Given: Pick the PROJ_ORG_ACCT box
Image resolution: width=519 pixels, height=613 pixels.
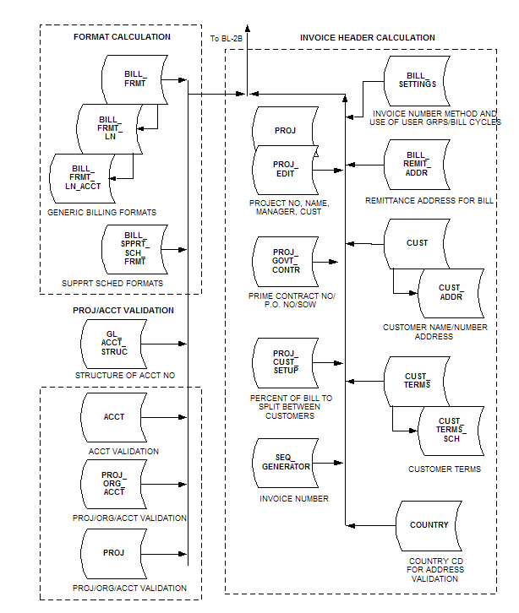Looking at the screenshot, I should pos(114,484).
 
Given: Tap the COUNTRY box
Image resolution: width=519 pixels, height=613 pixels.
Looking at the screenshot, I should pos(429,525).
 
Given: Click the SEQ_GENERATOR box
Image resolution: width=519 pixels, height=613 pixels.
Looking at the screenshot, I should pos(285,461).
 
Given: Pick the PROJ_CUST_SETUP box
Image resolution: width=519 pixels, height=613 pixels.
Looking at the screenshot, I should pos(285,362).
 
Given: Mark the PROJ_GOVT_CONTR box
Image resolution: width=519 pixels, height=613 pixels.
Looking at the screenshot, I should pos(285,262).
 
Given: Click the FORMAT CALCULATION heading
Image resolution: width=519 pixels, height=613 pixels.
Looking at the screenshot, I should pos(122,37).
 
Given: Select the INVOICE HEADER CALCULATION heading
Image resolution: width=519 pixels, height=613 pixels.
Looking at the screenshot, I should pos(368,38).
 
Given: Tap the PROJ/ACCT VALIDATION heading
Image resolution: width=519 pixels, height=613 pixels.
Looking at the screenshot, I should pos(123,311).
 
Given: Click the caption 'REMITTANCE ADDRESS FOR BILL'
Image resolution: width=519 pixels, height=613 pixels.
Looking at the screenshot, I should pos(429,201).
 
